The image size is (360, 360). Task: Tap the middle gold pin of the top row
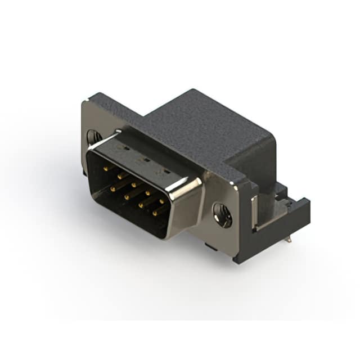pos(134,184)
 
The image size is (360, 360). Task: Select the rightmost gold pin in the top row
pos(161,201)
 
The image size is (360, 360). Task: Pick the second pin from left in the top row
pos(119,175)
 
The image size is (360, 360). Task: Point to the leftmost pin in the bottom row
pos(112,190)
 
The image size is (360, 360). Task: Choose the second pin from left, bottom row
pos(127,197)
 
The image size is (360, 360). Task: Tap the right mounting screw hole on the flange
pos(222,215)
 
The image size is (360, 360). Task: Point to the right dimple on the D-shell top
pos(166,170)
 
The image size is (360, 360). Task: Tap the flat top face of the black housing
pos(202,127)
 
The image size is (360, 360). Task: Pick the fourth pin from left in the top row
pos(148,192)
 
